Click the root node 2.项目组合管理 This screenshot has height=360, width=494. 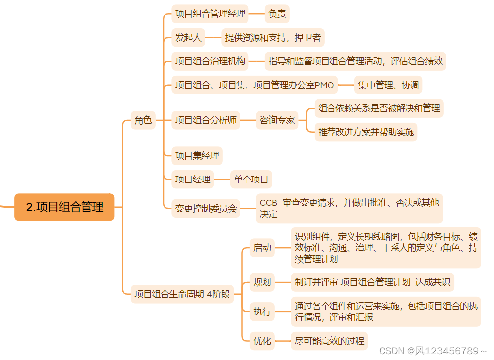click(65, 207)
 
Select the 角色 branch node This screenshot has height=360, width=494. click(143, 120)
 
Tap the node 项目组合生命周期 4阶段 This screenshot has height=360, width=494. click(182, 294)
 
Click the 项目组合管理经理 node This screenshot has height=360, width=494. click(210, 14)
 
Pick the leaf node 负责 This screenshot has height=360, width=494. click(277, 14)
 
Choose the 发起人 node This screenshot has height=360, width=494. click(188, 37)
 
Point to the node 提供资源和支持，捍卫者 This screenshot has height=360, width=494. click(273, 37)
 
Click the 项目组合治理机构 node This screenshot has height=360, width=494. click(210, 61)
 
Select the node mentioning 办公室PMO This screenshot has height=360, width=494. click(254, 85)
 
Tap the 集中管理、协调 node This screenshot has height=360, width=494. click(389, 85)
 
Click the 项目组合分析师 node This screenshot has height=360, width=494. click(206, 120)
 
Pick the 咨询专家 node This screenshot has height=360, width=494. click(277, 120)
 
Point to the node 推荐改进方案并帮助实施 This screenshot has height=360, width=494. click(366, 132)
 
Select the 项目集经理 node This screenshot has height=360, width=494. click(197, 156)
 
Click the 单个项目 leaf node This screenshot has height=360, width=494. click(251, 180)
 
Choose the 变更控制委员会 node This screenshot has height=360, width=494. click(206, 209)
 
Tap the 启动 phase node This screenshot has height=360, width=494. click(262, 247)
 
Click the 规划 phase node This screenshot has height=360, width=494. click(262, 282)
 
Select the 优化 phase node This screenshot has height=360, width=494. click(262, 341)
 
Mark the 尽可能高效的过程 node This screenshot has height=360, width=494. click(329, 341)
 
